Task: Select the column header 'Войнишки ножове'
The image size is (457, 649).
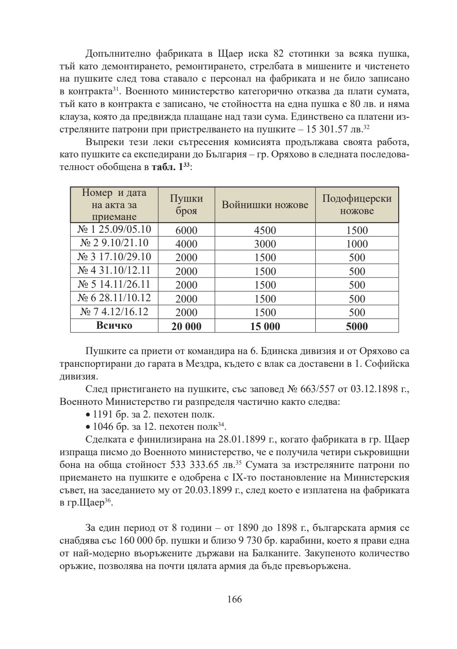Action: tap(265, 205)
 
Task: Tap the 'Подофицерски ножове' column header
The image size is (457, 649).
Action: tap(357, 204)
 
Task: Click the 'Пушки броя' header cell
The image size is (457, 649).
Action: tap(186, 204)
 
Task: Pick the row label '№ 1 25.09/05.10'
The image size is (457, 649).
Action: tap(114, 229)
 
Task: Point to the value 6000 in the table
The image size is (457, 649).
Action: tap(186, 231)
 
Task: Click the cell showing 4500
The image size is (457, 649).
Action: tap(265, 231)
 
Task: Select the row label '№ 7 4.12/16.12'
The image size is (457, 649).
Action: tap(114, 312)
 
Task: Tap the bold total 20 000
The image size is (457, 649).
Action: tap(186, 326)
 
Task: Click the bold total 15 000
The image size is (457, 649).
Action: tap(265, 326)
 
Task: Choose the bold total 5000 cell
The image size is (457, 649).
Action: tap(357, 326)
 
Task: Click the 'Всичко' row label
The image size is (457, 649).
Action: tap(114, 325)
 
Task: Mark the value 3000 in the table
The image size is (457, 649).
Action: tap(265, 244)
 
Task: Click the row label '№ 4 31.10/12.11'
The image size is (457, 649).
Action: tap(114, 270)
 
